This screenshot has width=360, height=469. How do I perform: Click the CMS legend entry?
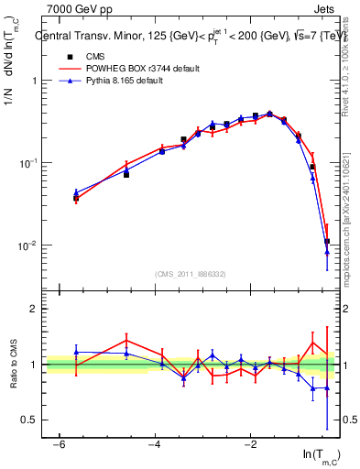[x=92, y=56]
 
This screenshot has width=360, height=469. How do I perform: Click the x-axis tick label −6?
[x=59, y=444]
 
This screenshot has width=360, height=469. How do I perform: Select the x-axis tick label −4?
[x=154, y=444]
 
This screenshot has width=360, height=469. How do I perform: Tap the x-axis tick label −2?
[x=249, y=444]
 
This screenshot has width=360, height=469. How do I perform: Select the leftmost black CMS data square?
[x=76, y=198]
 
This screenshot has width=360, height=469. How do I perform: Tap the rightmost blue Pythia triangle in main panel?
[x=327, y=252]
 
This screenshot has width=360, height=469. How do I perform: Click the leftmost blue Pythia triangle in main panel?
[x=76, y=193]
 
